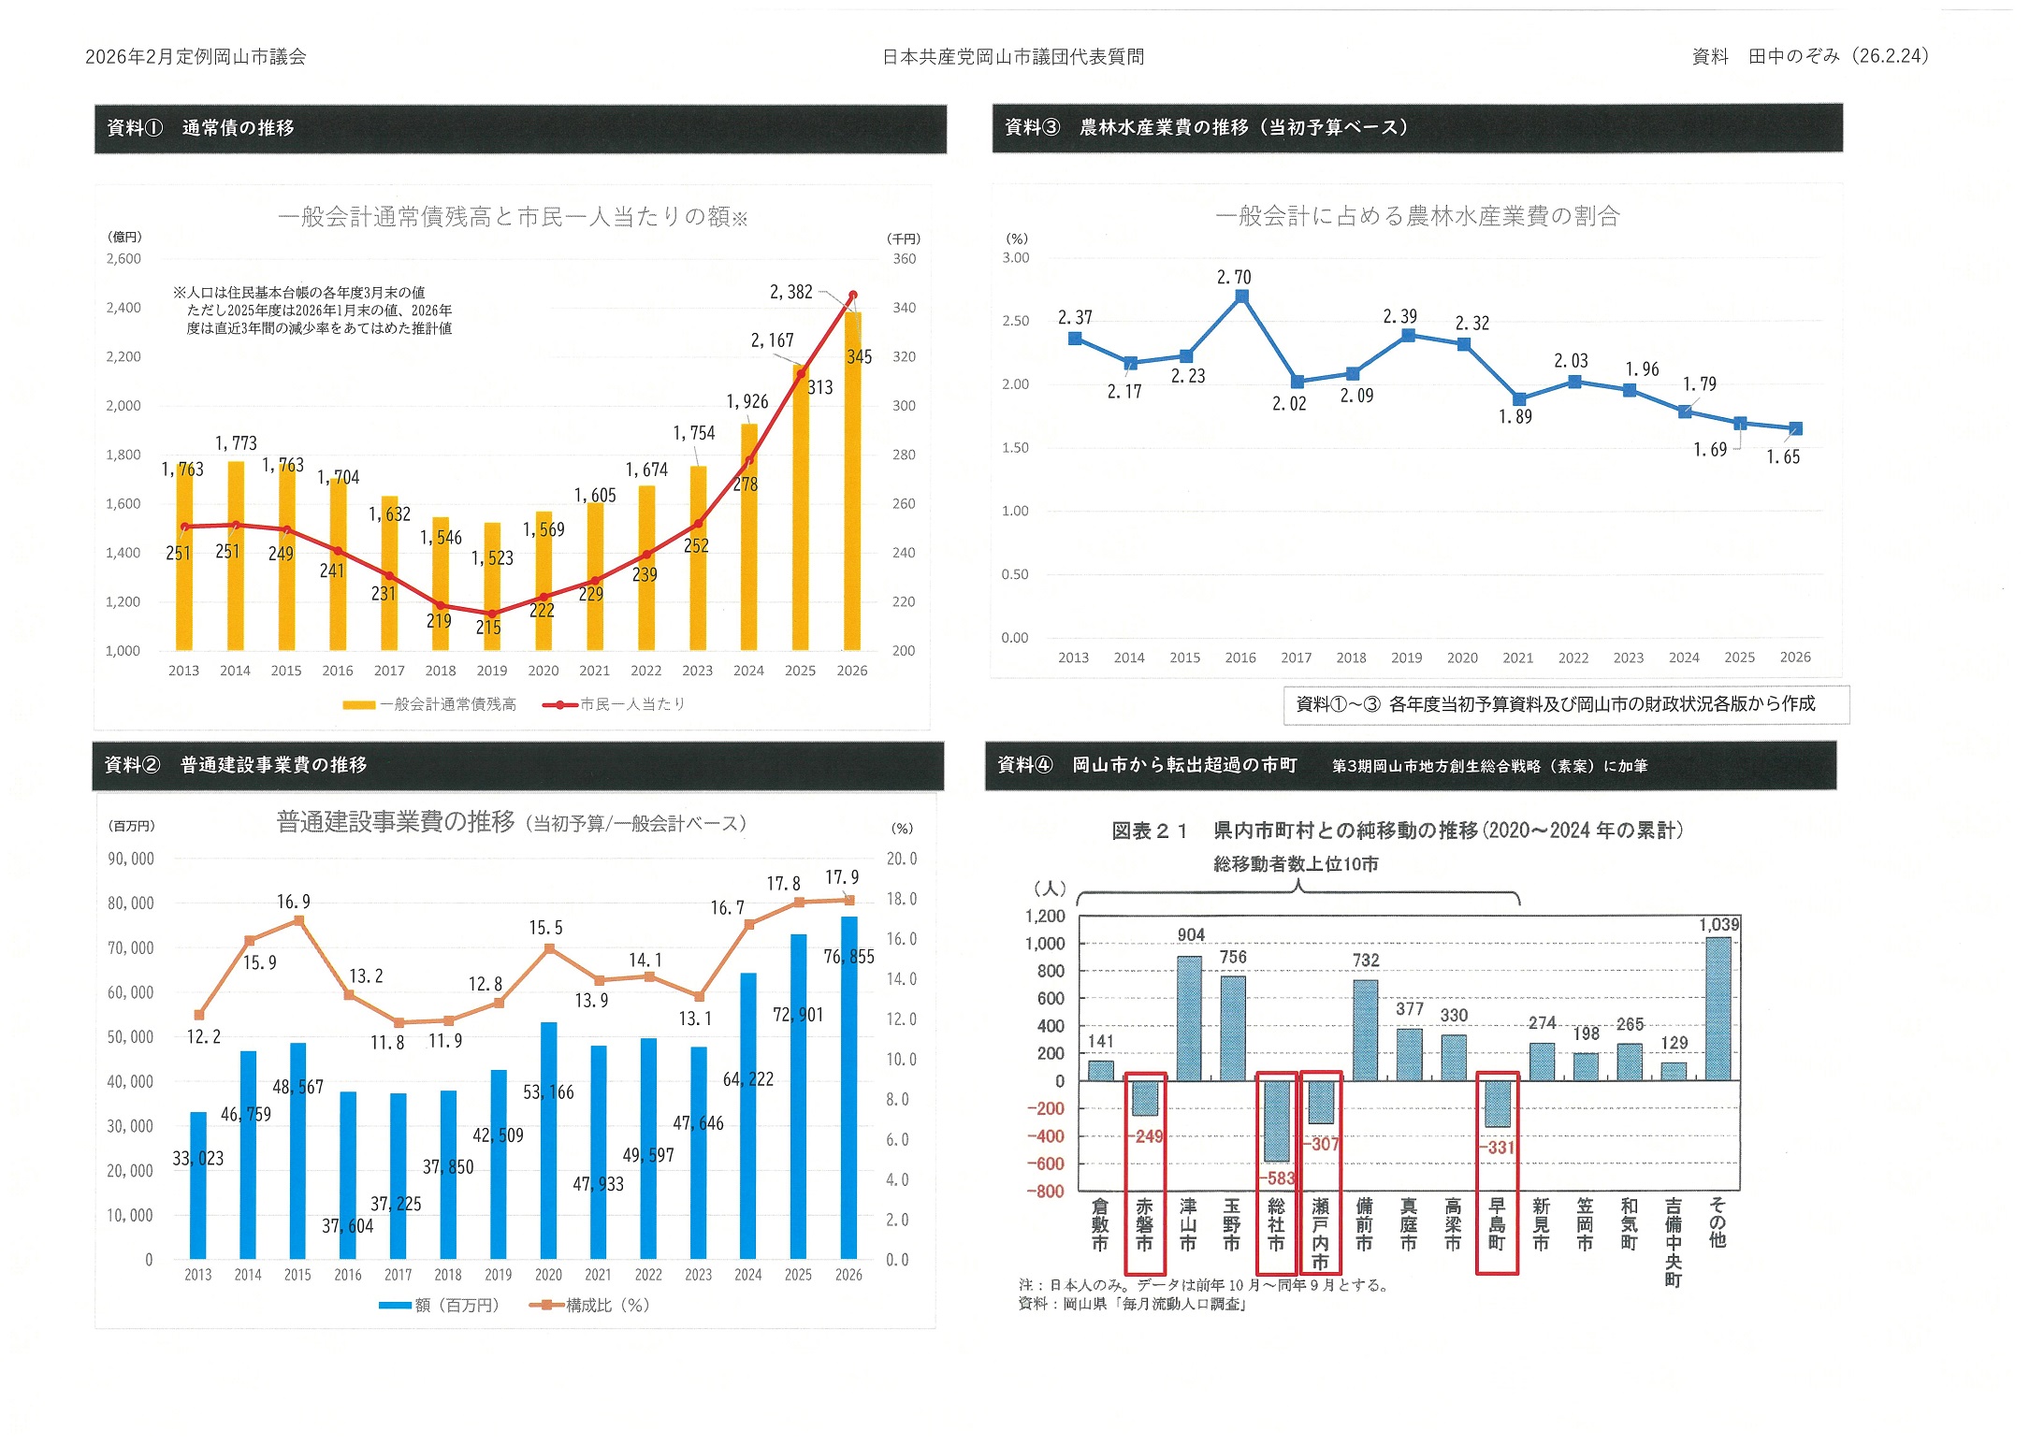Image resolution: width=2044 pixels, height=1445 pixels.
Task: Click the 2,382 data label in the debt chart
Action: click(790, 292)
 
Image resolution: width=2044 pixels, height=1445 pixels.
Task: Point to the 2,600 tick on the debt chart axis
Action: click(123, 259)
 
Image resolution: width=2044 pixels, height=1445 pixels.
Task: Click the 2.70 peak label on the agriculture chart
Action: click(1233, 277)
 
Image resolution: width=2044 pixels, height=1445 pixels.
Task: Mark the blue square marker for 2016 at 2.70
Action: click(1241, 296)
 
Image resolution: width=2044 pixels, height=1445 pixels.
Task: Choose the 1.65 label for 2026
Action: click(1783, 457)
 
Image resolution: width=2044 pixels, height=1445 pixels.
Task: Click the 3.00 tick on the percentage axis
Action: click(1015, 258)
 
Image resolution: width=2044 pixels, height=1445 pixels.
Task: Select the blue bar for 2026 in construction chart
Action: click(848, 1090)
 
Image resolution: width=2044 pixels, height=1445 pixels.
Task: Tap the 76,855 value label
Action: click(848, 957)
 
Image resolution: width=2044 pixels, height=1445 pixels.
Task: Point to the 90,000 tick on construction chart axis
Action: click(131, 859)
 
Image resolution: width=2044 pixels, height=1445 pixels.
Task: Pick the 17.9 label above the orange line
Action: click(841, 877)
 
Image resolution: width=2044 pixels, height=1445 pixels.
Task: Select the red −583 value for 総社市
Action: click(1278, 1178)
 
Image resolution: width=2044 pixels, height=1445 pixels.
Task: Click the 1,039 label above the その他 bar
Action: click(1718, 925)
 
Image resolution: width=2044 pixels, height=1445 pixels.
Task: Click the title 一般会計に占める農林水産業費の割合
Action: click(1417, 216)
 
